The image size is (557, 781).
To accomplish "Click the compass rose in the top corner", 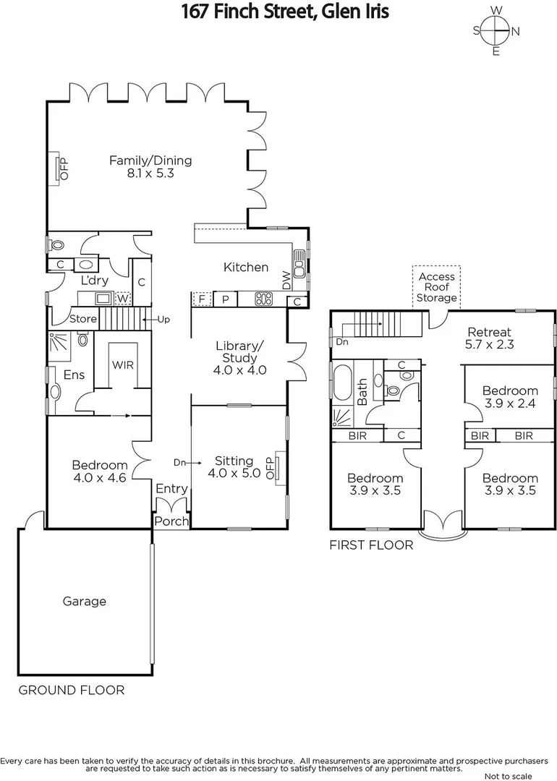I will (496, 31).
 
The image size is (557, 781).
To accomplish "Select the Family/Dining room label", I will (150, 161).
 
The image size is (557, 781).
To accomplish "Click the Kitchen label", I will (246, 267).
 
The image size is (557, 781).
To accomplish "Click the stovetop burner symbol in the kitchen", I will (263, 298).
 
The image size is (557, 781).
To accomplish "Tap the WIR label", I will (122, 365).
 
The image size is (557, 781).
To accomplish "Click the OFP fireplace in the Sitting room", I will (274, 468).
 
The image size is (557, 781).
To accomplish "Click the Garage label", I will (85, 601).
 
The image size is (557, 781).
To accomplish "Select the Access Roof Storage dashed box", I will (437, 287).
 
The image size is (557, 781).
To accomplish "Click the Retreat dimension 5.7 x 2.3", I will (489, 345).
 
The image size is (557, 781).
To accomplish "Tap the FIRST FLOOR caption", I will (371, 545).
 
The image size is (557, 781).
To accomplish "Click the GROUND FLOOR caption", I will (71, 690).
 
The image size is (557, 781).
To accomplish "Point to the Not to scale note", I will (508, 775).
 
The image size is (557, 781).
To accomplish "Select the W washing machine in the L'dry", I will (123, 298).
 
